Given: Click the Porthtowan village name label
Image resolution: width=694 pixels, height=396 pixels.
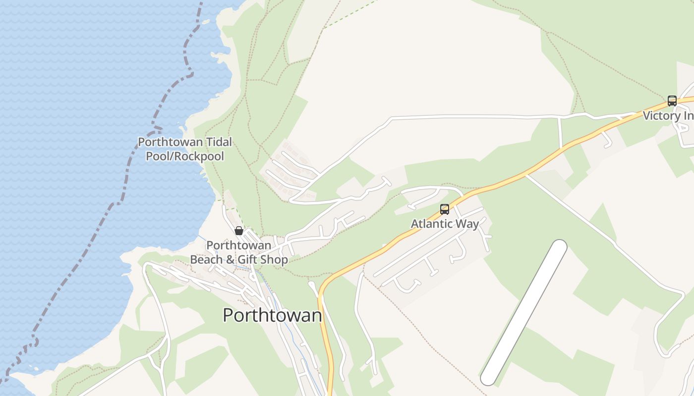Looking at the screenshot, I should (272, 315).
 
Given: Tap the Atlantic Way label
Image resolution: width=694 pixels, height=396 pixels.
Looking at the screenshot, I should (445, 224).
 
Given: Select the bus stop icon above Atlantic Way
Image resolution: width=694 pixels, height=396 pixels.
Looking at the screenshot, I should (445, 209).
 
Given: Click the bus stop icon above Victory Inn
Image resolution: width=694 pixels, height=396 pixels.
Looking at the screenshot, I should (672, 101).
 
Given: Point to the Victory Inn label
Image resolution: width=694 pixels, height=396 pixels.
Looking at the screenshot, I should (668, 116).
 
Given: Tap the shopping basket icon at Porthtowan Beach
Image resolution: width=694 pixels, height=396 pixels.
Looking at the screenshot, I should (239, 231).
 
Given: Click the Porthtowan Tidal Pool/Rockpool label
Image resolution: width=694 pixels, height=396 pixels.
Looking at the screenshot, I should (184, 149).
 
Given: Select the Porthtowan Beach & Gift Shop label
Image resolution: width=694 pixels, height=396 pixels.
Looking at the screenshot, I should (239, 252).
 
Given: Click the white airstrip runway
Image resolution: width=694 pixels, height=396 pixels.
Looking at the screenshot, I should (524, 312).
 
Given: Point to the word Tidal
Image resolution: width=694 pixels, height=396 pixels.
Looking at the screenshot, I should (219, 142).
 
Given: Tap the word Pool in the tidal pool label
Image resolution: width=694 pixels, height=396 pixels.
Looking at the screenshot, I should (157, 156).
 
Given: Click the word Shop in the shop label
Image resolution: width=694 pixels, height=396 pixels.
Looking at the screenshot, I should (275, 259).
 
